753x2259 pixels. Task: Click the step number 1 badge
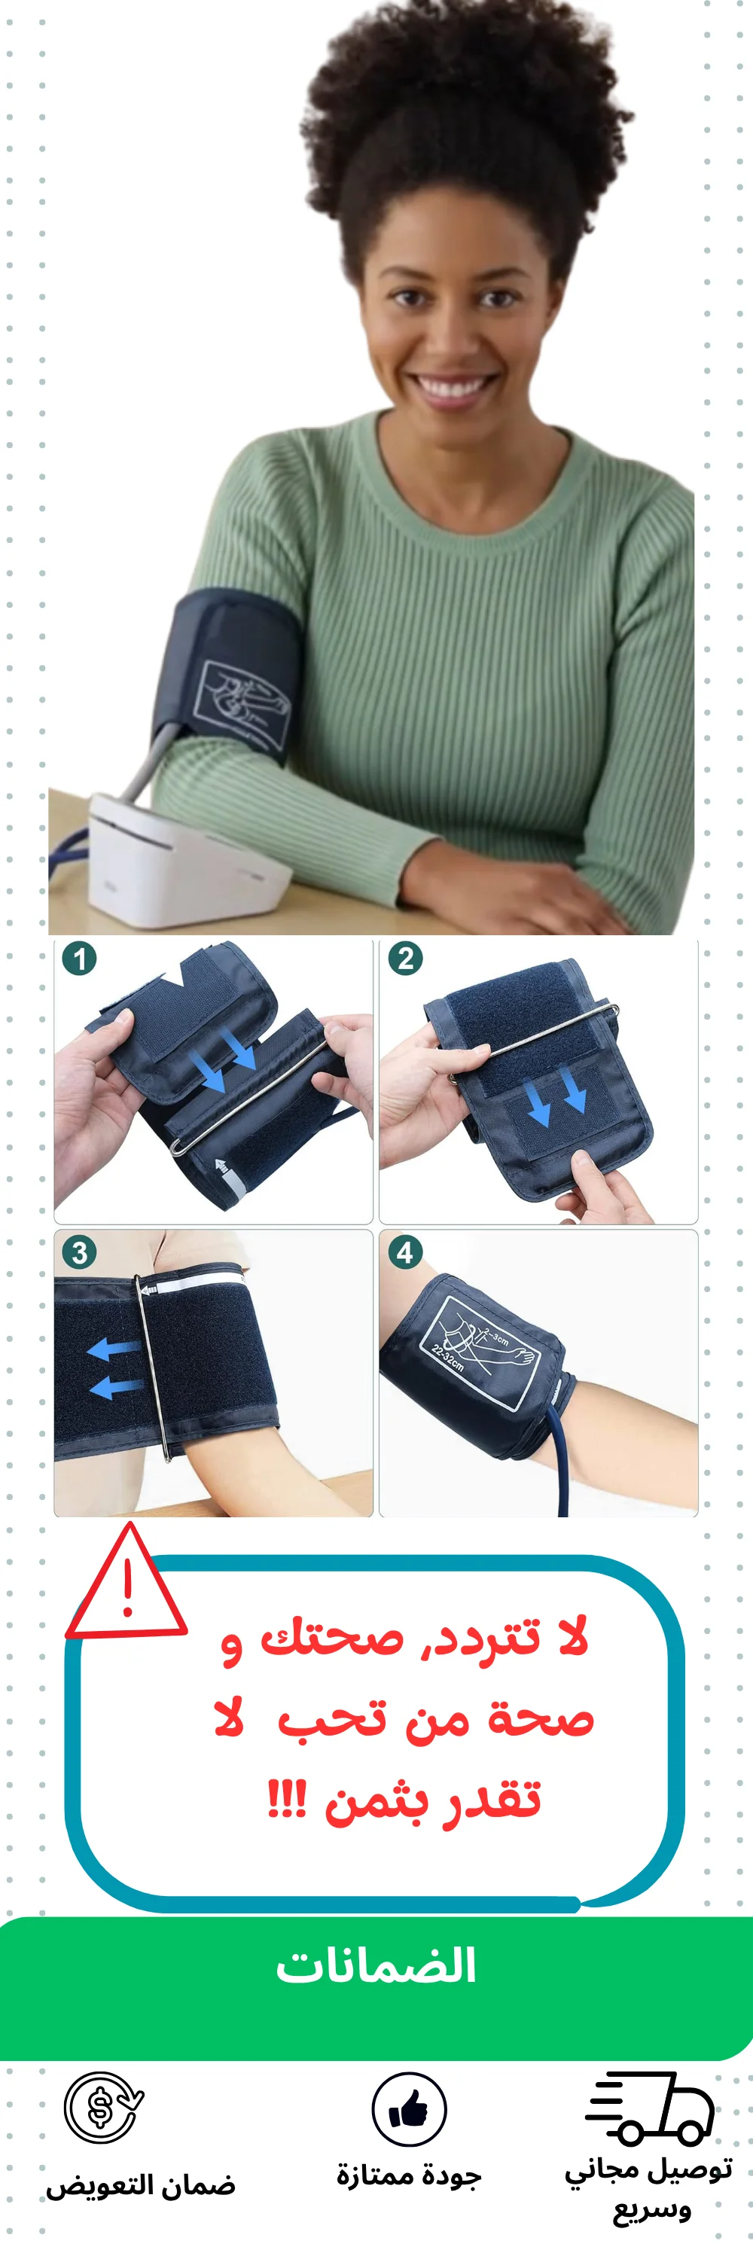[x=79, y=959]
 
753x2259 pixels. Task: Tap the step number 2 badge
[x=405, y=959]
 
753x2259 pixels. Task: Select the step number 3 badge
[x=79, y=1251]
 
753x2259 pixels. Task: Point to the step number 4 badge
[x=405, y=1251]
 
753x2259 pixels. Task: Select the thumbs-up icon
[x=408, y=2109]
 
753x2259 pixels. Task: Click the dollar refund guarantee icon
[x=103, y=2108]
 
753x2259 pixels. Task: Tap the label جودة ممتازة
[x=408, y=2175]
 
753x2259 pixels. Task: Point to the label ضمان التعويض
[x=140, y=2185]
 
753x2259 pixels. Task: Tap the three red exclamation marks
[x=287, y=1800]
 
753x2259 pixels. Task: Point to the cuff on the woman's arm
[x=224, y=677]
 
